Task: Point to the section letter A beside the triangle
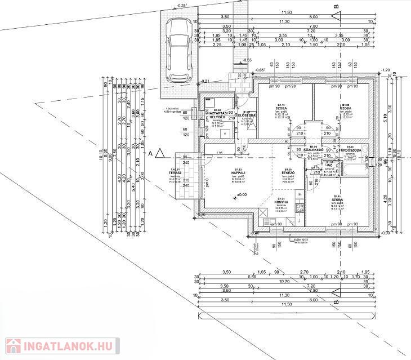coord(150,153)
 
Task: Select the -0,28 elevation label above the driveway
coord(181,5)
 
